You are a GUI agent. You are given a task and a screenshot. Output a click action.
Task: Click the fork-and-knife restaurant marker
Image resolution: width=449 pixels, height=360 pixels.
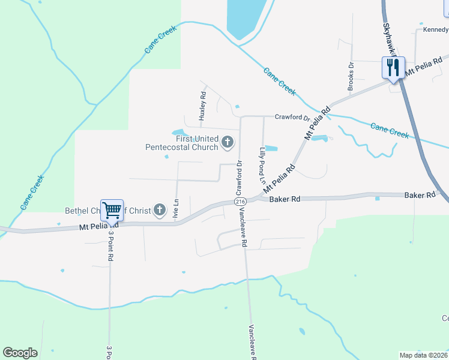click(x=393, y=67)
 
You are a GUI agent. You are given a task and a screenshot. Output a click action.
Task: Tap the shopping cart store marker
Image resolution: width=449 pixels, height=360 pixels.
click(x=112, y=211)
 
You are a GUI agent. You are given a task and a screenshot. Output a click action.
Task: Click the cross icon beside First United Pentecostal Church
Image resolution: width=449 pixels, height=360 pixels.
click(x=228, y=142)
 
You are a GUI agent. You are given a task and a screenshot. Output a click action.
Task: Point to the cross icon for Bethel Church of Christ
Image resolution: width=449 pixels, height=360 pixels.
click(x=159, y=209)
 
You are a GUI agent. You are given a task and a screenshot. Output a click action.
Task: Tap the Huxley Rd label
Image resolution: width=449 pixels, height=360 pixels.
click(x=203, y=106)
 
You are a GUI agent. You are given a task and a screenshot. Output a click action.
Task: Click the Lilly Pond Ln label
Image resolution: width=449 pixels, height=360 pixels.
click(x=262, y=164)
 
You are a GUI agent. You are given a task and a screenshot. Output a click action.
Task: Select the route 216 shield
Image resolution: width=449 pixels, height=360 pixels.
click(x=240, y=202)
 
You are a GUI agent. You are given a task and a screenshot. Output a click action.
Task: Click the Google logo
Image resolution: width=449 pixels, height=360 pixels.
click(x=20, y=353)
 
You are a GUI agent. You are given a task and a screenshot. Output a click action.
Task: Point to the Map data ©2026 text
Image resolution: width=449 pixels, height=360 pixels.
click(x=424, y=355)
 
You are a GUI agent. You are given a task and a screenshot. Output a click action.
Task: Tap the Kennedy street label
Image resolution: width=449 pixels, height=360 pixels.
click(x=435, y=29)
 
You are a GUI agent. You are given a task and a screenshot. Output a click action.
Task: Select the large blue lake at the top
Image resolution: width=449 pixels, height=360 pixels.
click(x=246, y=18)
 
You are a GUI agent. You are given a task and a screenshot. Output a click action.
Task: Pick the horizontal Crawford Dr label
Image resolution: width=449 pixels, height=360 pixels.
click(x=292, y=118)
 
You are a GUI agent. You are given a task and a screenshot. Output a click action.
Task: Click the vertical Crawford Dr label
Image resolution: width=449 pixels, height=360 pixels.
click(x=238, y=178)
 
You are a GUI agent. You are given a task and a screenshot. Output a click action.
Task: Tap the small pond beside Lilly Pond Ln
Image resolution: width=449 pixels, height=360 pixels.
click(x=271, y=148)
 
